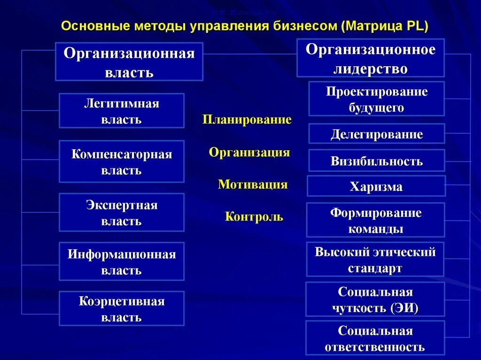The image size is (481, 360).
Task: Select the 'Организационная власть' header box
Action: click(129, 61)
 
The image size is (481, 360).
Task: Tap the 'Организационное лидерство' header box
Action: click(370, 58)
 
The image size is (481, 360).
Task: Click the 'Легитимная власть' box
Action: click(122, 111)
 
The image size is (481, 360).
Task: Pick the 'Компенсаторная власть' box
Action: click(122, 161)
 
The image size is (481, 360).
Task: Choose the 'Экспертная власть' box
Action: click(122, 213)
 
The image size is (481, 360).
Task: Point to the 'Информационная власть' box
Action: click(122, 262)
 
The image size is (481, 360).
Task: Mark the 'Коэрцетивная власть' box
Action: click(122, 309)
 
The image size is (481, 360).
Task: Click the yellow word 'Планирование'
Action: click(247, 120)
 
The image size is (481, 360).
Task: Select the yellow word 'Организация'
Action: click(249, 153)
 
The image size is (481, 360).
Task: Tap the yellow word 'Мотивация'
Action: click(252, 184)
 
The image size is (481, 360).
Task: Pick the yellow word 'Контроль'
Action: click(254, 217)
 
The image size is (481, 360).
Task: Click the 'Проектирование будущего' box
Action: click(376, 99)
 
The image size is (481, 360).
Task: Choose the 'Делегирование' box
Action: click(376, 134)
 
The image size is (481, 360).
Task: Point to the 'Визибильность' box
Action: click(376, 161)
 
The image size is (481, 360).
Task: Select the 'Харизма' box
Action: click(376, 186)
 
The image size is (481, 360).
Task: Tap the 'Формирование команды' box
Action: click(375, 220)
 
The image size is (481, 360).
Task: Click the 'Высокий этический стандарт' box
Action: click(375, 260)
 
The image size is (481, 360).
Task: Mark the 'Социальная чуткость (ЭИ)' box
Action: click(375, 299)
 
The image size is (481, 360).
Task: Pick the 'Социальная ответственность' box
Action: click(375, 338)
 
